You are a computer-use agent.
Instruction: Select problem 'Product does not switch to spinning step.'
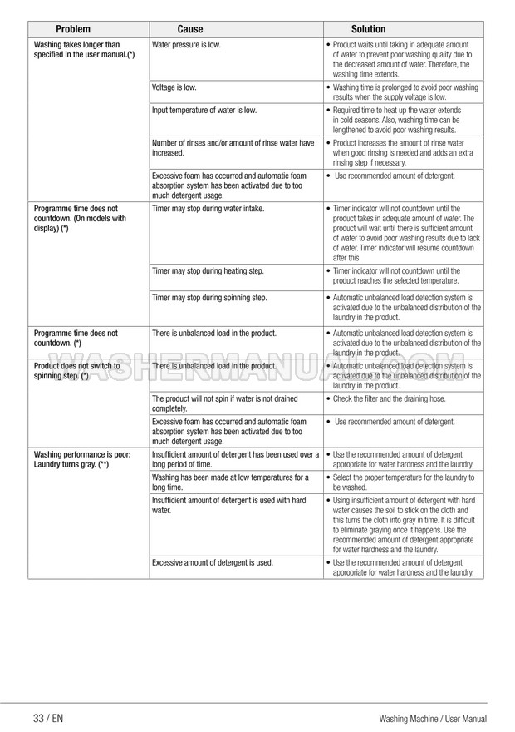(x=76, y=370)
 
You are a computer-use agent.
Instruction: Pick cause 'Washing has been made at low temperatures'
(x=230, y=482)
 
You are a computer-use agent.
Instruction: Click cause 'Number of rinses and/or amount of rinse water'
(x=233, y=147)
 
